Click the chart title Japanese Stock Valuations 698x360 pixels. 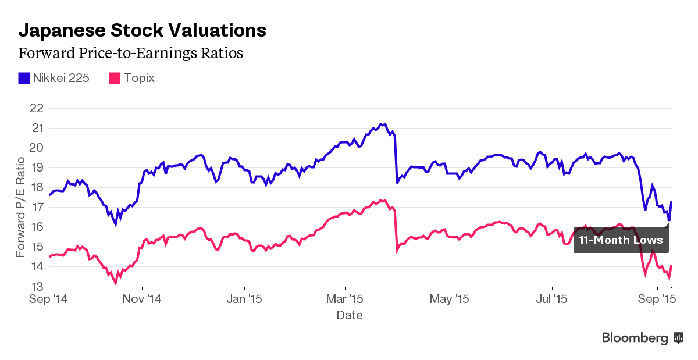(x=143, y=30)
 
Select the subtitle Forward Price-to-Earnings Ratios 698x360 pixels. (x=130, y=54)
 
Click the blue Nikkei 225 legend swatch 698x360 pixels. (x=24, y=78)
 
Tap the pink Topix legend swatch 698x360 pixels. (x=115, y=78)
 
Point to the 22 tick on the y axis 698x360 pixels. (x=36, y=108)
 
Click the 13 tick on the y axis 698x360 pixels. (x=36, y=287)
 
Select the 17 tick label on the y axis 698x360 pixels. (x=36, y=208)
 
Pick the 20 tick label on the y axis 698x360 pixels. (x=36, y=148)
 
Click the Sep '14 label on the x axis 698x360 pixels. (x=49, y=300)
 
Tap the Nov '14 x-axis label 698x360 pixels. (x=143, y=300)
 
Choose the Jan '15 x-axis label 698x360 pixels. (x=244, y=300)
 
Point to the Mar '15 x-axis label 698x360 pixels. (x=346, y=300)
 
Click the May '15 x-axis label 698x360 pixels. (x=450, y=300)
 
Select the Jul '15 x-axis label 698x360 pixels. (x=551, y=300)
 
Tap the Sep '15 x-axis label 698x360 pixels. (x=657, y=300)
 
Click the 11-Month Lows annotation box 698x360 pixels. (x=621, y=240)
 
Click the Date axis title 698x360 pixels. (x=350, y=315)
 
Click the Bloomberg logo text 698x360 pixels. (x=635, y=338)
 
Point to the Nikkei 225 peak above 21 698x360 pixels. (x=380, y=124)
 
